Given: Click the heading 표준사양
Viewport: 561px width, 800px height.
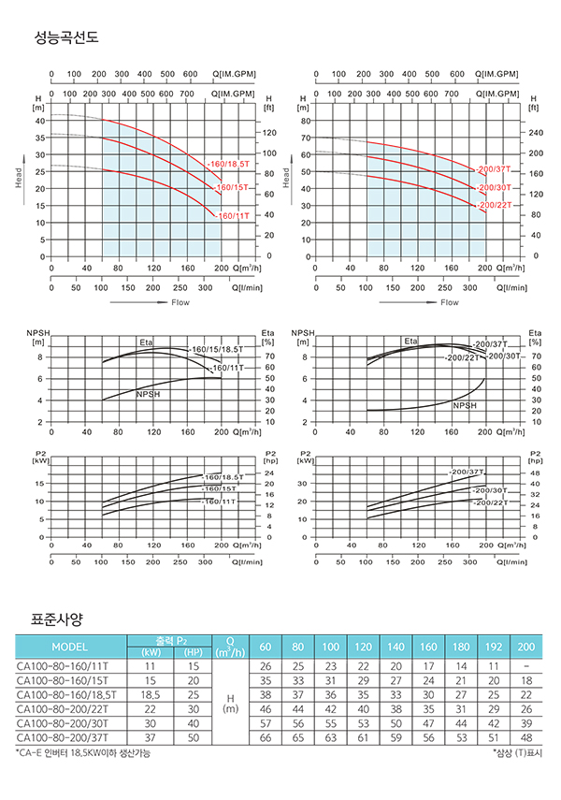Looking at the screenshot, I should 58,619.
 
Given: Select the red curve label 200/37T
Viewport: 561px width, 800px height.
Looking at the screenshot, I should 495,169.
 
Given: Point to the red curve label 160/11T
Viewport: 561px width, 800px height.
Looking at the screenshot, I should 233,216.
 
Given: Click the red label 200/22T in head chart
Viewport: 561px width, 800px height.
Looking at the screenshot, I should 495,205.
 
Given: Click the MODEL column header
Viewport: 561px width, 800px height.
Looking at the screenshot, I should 70,647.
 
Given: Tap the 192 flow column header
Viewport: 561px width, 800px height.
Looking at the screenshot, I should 499,647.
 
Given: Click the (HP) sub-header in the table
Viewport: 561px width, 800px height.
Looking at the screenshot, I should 194,653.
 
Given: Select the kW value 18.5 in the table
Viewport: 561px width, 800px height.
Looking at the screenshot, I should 151,695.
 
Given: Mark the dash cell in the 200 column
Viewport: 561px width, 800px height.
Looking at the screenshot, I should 526,666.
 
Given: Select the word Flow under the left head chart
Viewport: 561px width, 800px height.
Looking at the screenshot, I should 181,302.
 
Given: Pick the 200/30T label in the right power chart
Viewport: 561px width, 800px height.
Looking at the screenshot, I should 490,489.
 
